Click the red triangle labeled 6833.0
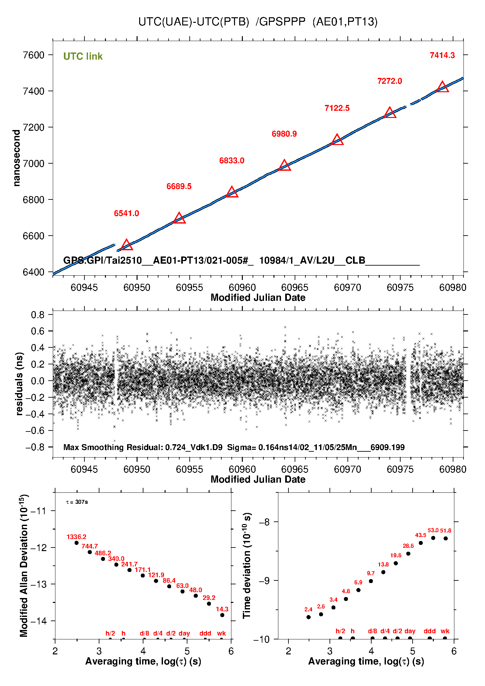point(232,192)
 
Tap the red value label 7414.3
point(442,55)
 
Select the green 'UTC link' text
point(83,56)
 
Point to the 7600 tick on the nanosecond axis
point(34,55)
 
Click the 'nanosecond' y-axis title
point(16,158)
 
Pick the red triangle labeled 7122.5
point(337,140)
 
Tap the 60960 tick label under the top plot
point(242,287)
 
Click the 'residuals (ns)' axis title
point(20,384)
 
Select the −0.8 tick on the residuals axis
point(35,447)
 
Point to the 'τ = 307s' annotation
point(77,502)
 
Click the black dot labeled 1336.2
point(77,543)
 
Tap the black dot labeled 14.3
point(222,615)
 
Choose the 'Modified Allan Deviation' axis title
point(24,566)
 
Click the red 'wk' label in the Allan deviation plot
point(221,633)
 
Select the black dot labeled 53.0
point(433,538)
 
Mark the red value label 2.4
point(308,609)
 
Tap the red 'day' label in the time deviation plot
point(410,631)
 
